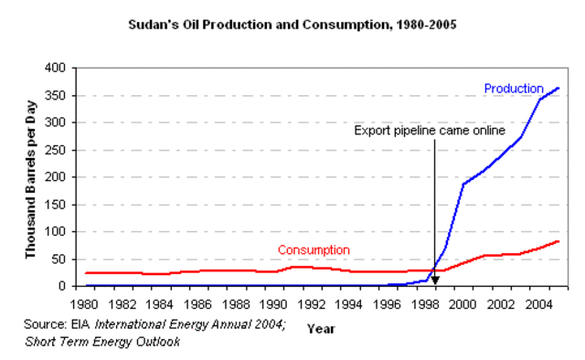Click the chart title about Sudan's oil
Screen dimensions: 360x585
point(292,25)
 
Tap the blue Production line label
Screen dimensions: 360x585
point(514,88)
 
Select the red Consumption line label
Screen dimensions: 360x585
point(314,249)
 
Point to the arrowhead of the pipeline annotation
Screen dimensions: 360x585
point(435,281)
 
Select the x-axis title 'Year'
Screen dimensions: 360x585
point(321,327)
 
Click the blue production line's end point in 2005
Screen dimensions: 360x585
point(558,89)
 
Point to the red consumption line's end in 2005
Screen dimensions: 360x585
point(558,241)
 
